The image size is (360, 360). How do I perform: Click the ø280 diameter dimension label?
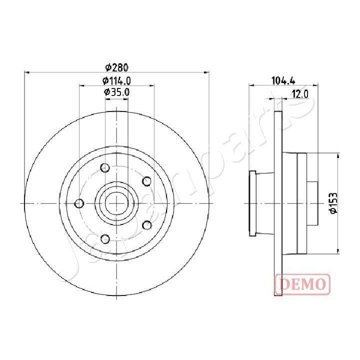click(x=116, y=66)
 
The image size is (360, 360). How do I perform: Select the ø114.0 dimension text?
click(x=116, y=80)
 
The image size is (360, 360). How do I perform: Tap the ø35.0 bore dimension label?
click(x=116, y=92)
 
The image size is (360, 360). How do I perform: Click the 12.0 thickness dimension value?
click(x=299, y=93)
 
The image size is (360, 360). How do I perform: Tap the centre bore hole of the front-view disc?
click(x=116, y=203)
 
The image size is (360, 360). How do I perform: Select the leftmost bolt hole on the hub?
click(x=78, y=203)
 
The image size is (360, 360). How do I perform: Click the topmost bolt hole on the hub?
click(x=105, y=167)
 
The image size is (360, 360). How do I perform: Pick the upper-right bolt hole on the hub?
click(x=147, y=181)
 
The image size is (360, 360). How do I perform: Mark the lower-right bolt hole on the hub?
click(x=147, y=225)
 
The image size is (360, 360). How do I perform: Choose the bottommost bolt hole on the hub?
click(x=105, y=239)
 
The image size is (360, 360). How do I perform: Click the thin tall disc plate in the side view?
click(x=278, y=203)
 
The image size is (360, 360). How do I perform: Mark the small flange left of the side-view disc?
click(x=252, y=203)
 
